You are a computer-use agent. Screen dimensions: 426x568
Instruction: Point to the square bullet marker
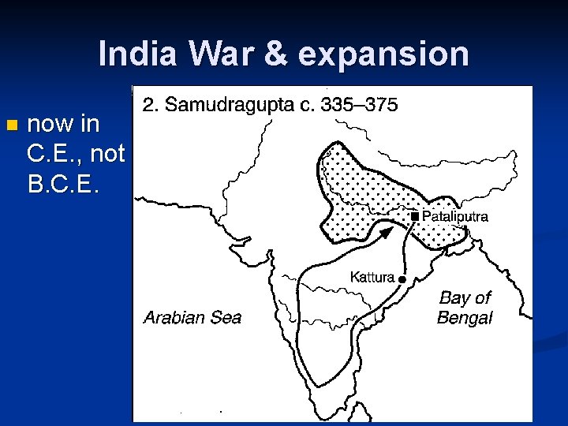pyautogui.click(x=10, y=125)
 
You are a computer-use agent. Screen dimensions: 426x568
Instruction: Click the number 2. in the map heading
pyautogui.click(x=149, y=104)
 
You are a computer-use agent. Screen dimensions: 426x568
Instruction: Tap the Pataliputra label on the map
pyautogui.click(x=455, y=215)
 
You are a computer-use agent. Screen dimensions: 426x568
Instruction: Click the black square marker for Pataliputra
pyautogui.click(x=414, y=215)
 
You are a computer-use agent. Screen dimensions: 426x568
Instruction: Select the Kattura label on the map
pyautogui.click(x=372, y=277)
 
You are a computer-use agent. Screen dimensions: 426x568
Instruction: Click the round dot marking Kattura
pyautogui.click(x=402, y=279)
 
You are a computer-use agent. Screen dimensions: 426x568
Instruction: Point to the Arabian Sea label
pyautogui.click(x=192, y=318)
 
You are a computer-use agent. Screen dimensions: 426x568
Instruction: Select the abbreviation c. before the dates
pyautogui.click(x=307, y=105)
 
